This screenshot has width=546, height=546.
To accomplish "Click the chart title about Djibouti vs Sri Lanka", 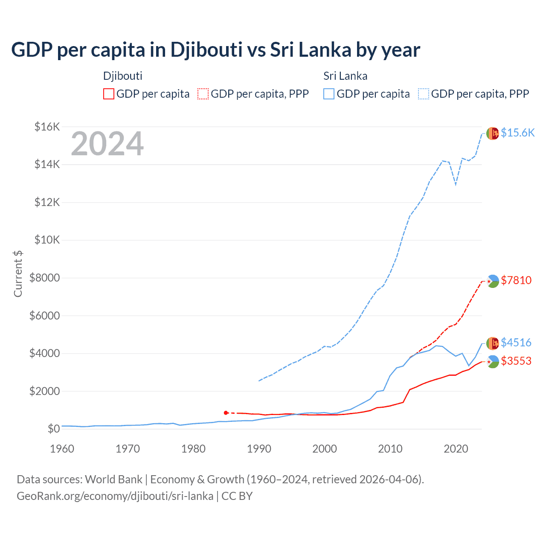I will [215, 50].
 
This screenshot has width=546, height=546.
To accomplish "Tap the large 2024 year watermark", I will [107, 144].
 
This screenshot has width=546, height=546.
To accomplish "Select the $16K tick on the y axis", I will [47, 127].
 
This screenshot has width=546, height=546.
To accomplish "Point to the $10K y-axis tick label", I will [47, 240].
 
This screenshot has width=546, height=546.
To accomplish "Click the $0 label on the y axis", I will [53, 429].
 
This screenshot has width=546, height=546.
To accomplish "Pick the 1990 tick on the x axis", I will [259, 449].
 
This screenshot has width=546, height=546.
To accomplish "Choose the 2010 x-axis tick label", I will [390, 449].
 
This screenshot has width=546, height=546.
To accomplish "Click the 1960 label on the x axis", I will [62, 449].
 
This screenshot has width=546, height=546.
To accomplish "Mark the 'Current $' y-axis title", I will [18, 273].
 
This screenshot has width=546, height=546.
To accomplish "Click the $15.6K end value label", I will [517, 133].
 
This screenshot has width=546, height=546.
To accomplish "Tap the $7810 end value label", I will [516, 280].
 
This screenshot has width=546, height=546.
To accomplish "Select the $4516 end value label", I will [516, 343].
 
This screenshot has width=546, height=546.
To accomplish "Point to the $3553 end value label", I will [516, 361].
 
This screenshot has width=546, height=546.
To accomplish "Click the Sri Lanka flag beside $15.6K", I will [493, 134].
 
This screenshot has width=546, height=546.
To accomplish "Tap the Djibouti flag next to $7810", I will [493, 281].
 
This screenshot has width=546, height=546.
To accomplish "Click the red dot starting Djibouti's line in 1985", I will [226, 412].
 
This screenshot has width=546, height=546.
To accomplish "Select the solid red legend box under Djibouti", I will [109, 94].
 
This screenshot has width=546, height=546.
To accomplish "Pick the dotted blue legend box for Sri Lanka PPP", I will [424, 94].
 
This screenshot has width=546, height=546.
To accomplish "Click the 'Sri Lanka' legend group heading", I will [345, 76].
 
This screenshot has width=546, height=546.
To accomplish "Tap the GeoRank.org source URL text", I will [115, 496].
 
